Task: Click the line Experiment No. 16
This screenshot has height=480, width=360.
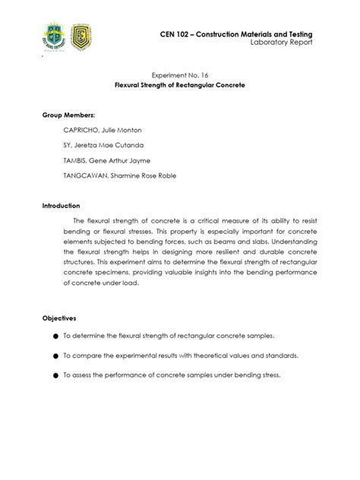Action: click(180, 77)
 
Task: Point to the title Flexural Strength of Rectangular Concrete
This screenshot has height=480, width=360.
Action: click(180, 87)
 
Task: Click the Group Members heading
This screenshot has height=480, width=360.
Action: click(68, 115)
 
